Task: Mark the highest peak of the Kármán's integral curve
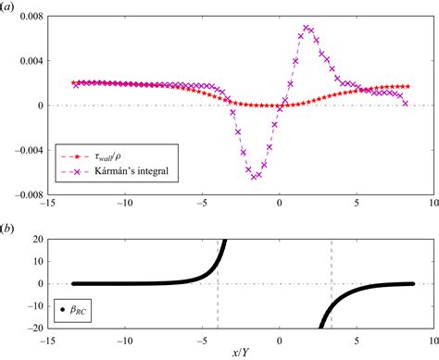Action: click(x=307, y=28)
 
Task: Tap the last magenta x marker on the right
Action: click(x=405, y=104)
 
